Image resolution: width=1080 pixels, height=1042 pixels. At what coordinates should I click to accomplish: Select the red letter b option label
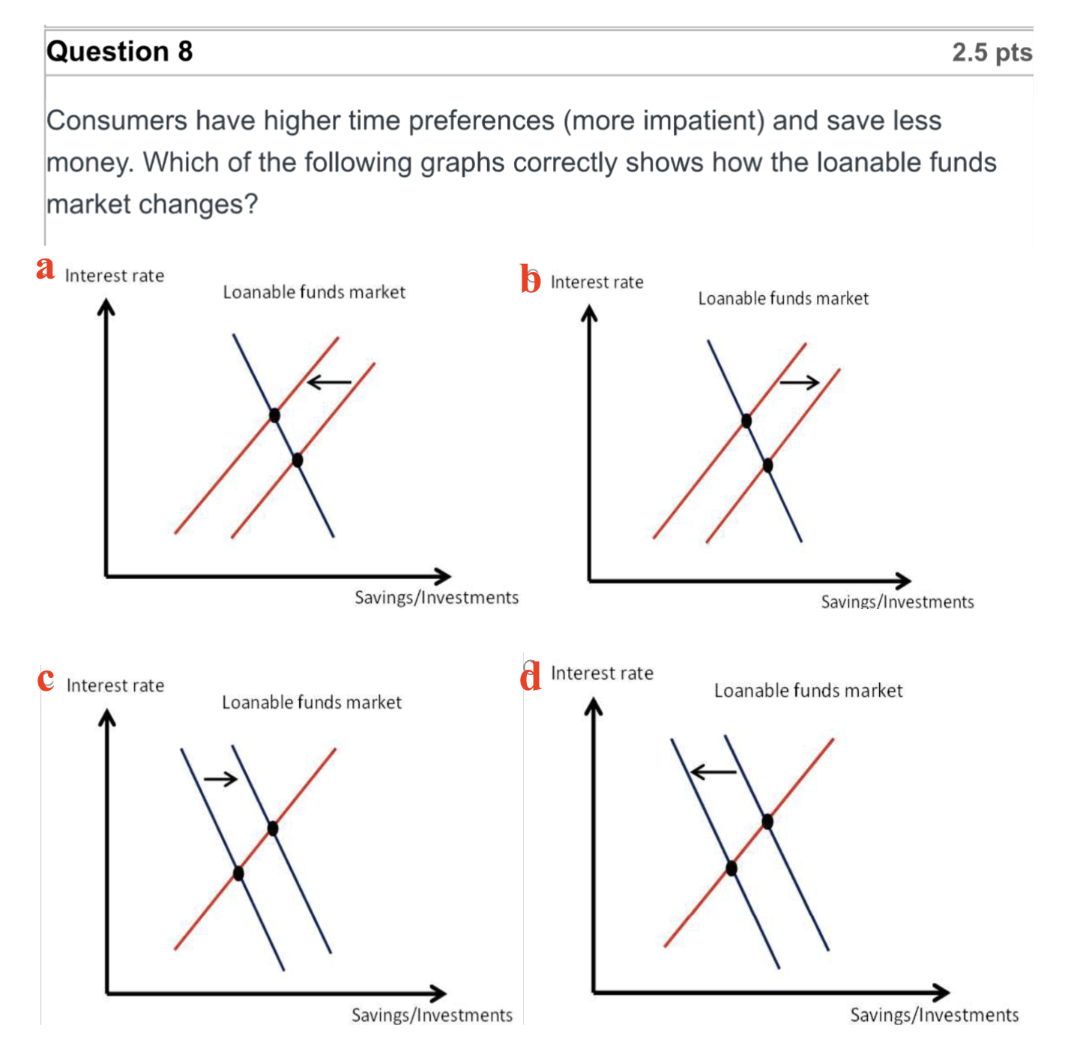(530, 278)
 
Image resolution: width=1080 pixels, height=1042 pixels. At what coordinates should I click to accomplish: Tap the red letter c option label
(46, 679)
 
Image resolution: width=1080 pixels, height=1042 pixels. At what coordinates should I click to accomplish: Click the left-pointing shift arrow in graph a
(329, 382)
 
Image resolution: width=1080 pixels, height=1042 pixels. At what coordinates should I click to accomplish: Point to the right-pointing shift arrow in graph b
(799, 382)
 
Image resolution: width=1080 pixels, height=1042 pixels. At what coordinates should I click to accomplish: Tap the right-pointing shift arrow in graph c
(220, 779)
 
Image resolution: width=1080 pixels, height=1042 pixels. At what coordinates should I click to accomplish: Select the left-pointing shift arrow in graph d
(714, 772)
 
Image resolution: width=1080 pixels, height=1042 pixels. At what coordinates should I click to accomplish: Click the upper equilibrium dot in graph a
(274, 415)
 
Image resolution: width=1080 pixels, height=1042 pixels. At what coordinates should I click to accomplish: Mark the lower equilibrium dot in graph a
(298, 460)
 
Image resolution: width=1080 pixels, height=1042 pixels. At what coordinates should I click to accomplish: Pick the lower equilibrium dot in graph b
(767, 465)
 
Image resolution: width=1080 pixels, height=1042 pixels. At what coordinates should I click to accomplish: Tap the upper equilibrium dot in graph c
(273, 829)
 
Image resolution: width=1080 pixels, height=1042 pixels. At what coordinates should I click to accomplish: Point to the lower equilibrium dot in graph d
(731, 868)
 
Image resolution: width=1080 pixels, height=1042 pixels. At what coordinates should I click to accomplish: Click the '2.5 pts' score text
(992, 52)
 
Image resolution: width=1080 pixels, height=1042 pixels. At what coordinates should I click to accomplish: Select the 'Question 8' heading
(119, 52)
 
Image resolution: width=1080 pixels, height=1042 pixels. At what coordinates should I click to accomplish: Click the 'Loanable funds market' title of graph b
(783, 298)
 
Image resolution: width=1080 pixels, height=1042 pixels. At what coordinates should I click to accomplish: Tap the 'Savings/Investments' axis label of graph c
(432, 1015)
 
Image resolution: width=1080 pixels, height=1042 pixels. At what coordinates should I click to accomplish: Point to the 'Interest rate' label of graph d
(602, 673)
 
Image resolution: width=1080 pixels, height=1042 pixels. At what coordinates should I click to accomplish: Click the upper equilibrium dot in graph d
(767, 822)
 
